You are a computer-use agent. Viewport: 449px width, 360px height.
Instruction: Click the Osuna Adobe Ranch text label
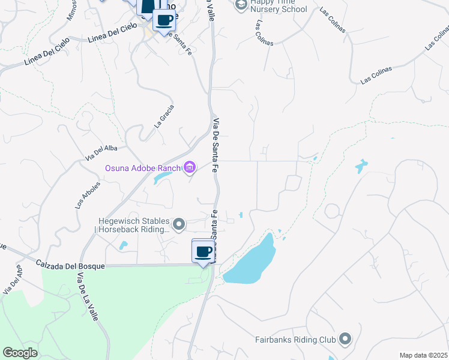(143, 168)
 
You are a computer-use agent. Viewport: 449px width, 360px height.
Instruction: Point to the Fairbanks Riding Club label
(294, 340)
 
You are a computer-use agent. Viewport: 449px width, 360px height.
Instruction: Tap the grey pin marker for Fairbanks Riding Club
(345, 340)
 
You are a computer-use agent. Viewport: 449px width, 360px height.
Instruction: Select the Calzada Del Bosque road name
(70, 265)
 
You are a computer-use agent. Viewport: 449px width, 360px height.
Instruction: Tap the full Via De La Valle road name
(87, 297)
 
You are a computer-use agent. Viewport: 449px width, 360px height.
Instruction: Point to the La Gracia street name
(164, 116)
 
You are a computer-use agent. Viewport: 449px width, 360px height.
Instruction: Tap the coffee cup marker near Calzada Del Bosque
(203, 251)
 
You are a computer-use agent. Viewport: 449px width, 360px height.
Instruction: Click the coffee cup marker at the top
(164, 20)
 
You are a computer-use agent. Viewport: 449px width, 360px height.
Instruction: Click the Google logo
(20, 353)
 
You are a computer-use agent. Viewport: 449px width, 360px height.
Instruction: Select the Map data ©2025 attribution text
(423, 355)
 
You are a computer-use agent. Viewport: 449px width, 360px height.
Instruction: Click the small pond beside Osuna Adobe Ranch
(161, 178)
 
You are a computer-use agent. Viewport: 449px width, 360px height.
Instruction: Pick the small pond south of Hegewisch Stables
(123, 245)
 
